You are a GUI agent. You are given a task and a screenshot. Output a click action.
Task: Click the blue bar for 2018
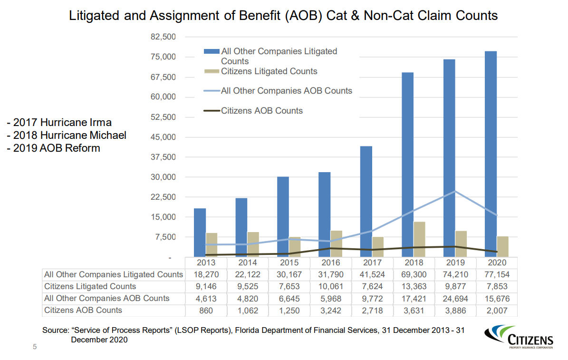click(407, 165)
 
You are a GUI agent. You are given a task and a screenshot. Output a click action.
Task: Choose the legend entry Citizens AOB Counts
click(261, 111)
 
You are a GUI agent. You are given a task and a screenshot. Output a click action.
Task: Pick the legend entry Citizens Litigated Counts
click(269, 71)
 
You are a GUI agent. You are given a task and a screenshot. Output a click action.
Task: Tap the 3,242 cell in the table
click(330, 311)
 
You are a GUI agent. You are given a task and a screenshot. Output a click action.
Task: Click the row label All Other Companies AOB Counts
click(106, 299)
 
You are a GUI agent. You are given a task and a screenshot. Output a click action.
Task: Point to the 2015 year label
click(289, 263)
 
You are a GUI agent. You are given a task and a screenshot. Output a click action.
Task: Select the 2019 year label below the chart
click(455, 263)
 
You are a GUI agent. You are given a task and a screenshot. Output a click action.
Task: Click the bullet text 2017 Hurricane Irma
click(59, 123)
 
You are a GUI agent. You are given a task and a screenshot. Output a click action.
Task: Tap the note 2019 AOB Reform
click(54, 148)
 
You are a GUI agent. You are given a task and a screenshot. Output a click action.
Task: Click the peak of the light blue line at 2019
click(455, 191)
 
